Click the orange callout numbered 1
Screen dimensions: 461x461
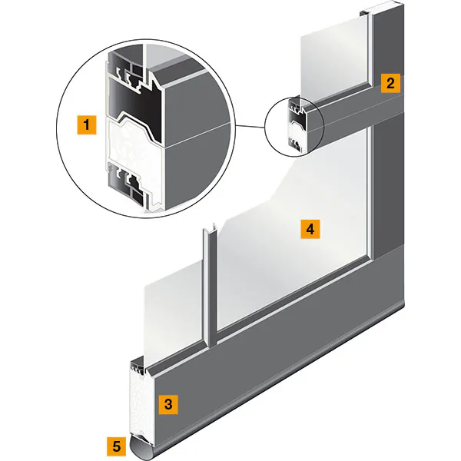(x=87, y=125)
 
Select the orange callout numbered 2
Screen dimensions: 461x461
(x=390, y=84)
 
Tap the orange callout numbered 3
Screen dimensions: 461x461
(x=168, y=405)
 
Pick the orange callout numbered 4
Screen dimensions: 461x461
(x=310, y=229)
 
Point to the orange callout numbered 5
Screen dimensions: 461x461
(x=117, y=446)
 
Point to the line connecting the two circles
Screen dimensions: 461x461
(x=250, y=127)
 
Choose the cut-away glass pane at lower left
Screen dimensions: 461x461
(x=174, y=312)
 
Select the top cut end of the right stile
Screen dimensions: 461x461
(x=382, y=8)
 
